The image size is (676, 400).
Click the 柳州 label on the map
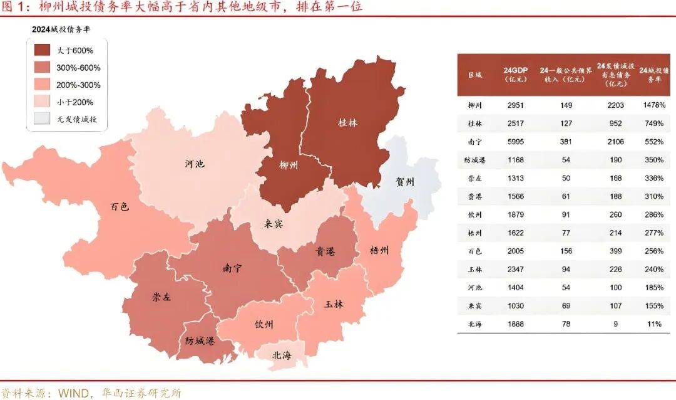coord(288,166)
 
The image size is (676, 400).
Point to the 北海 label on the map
coord(282,355)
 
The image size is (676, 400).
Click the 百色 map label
coord(119,206)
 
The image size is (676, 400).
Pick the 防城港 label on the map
coord(200,342)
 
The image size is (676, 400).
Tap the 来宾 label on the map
coord(272,224)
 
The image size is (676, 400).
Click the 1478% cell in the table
coord(653,105)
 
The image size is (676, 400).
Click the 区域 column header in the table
coord(475,74)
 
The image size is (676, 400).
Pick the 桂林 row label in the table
coord(475,124)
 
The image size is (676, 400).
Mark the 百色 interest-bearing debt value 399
coord(614,251)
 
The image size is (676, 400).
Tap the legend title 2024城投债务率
coord(61,29)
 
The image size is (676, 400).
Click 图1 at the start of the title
coord(13,7)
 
